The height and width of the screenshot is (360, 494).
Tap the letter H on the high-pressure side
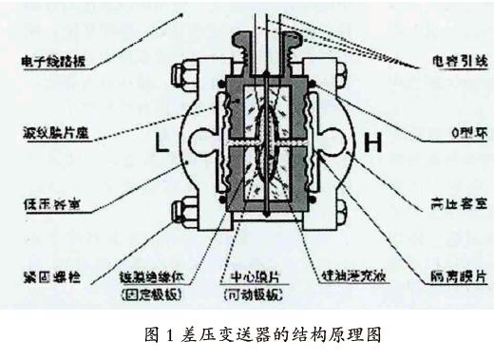pos(371,144)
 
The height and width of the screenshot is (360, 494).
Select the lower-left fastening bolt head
pos(180,210)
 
